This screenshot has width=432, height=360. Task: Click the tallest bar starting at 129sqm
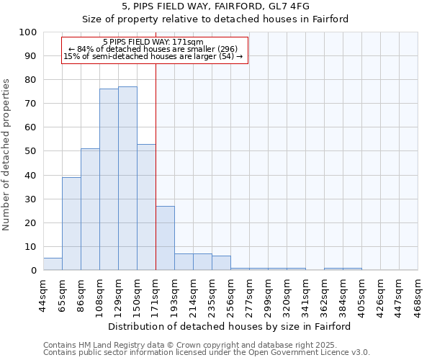tap(127, 179)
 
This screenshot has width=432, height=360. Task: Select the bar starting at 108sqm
tap(109, 179)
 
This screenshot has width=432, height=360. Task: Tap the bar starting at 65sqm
tap(71, 223)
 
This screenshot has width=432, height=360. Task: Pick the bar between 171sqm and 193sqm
tap(165, 238)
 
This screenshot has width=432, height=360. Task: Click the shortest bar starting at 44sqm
tap(53, 264)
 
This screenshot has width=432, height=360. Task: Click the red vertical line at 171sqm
tap(156, 166)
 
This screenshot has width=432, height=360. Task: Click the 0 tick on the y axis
tap(34, 271)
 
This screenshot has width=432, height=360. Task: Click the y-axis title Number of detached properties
tap(6, 156)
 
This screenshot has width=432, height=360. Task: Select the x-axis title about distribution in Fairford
tap(230, 326)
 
